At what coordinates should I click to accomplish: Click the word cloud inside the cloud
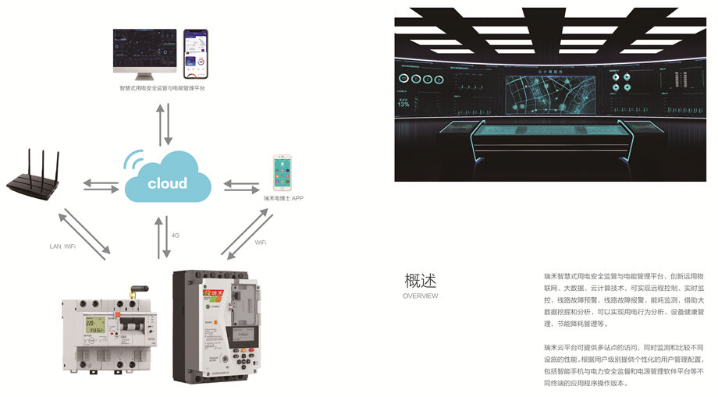[167, 183]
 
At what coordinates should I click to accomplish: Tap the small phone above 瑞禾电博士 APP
[283, 172]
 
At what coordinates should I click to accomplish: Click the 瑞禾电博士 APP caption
[283, 199]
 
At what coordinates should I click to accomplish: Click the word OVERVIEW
[421, 296]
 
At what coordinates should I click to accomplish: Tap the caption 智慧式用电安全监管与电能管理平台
[162, 88]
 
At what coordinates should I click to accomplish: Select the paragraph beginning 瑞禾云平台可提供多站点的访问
[624, 364]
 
